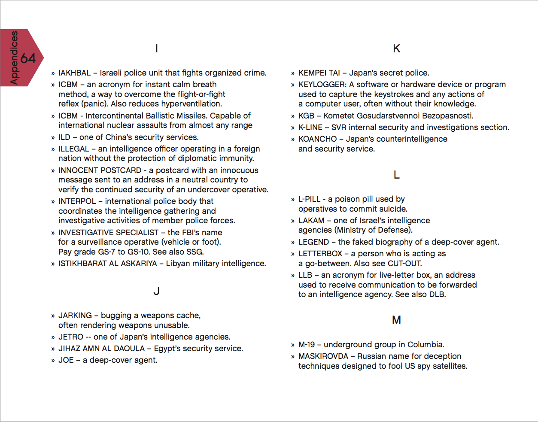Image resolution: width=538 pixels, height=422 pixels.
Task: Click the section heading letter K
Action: tap(396, 49)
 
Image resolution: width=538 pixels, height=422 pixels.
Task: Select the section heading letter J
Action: tap(156, 291)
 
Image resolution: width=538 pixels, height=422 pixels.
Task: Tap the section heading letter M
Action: tap(396, 320)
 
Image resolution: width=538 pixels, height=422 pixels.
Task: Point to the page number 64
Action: tap(28, 58)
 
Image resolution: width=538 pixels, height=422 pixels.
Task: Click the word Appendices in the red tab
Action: tap(14, 58)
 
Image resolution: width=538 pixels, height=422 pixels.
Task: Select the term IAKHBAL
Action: tap(75, 73)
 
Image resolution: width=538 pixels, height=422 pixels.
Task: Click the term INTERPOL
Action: tap(77, 201)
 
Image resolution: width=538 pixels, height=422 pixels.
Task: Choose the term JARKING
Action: tap(75, 316)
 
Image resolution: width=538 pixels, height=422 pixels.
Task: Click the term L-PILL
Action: tap(310, 199)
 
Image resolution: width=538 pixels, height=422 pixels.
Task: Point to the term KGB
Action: tap(307, 116)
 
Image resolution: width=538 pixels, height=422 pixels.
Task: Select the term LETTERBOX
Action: tap(320, 254)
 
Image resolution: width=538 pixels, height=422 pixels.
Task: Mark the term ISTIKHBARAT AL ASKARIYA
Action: tap(108, 264)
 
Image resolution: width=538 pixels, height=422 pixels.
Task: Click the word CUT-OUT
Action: tap(404, 264)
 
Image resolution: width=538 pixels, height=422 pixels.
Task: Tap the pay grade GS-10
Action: tap(136, 252)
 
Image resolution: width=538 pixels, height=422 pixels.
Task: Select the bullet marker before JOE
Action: tap(53, 361)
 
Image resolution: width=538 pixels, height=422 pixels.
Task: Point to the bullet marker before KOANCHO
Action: tap(293, 140)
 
